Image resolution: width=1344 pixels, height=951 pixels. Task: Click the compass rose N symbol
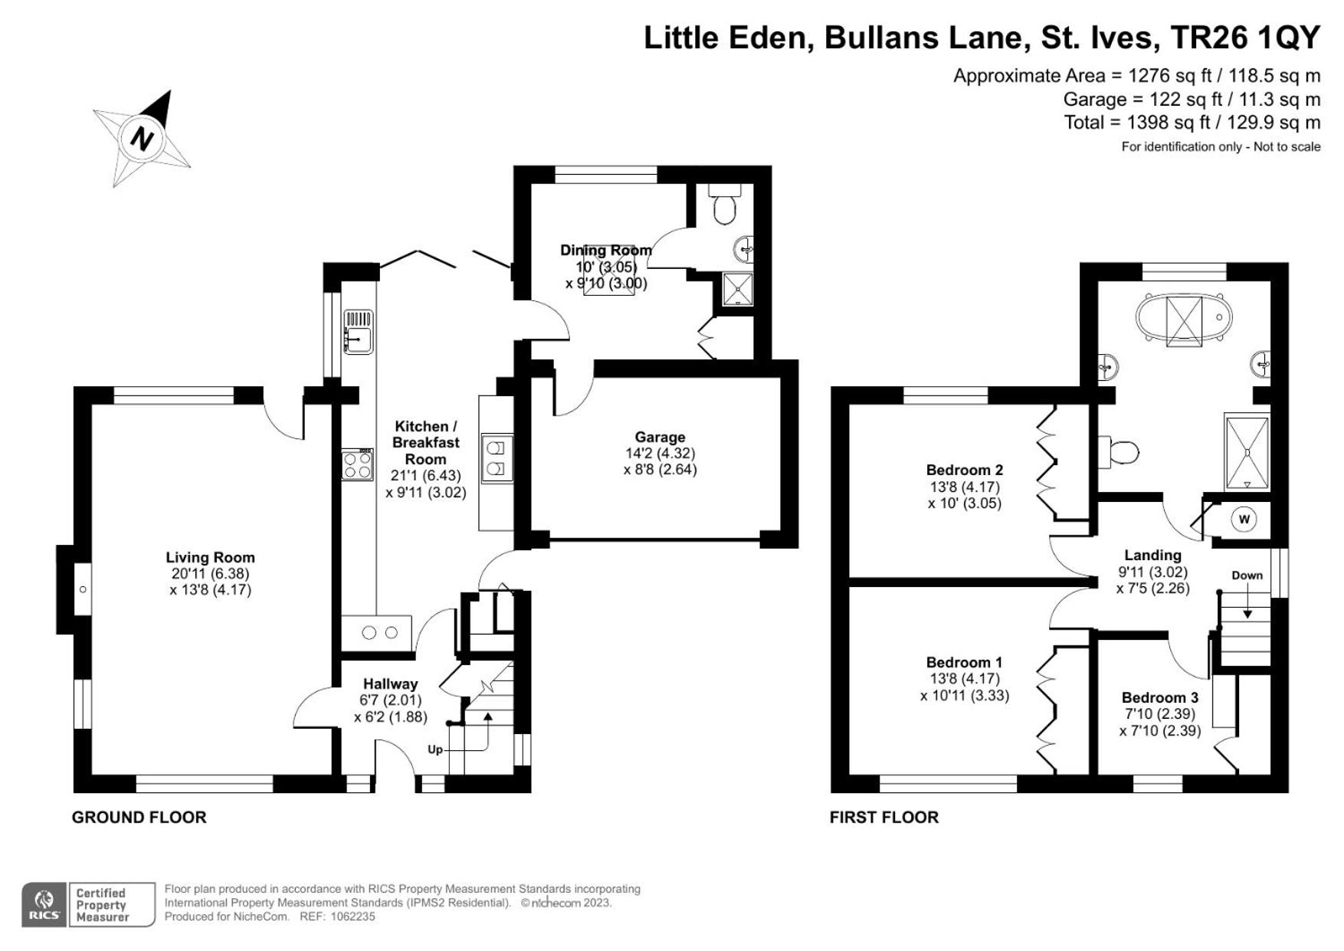[x=142, y=139]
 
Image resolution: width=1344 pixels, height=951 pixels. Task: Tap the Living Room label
[x=210, y=558]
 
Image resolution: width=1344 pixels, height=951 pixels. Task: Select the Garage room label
[x=660, y=438]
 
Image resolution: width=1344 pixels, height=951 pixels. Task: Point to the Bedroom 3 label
[x=1159, y=697]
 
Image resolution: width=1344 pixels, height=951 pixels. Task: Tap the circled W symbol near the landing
[x=1244, y=520]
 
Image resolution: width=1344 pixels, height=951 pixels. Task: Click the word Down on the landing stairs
[x=1247, y=576]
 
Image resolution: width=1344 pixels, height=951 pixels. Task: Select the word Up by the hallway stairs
[x=435, y=749]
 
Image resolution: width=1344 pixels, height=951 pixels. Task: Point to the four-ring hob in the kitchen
[x=358, y=463]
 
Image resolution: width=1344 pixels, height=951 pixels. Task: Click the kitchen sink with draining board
[x=358, y=331]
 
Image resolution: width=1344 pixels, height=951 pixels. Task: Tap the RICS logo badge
[x=45, y=905]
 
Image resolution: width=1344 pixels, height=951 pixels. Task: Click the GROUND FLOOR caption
[x=139, y=817]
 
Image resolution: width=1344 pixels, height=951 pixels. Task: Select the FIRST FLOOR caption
[x=884, y=817]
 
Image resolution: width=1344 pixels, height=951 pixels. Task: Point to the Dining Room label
[x=606, y=250]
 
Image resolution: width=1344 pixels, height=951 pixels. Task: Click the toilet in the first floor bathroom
[x=1120, y=451]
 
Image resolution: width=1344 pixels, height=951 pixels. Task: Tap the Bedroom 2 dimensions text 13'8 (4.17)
[x=964, y=487]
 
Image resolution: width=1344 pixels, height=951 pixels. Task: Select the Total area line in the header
[x=1192, y=123]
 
